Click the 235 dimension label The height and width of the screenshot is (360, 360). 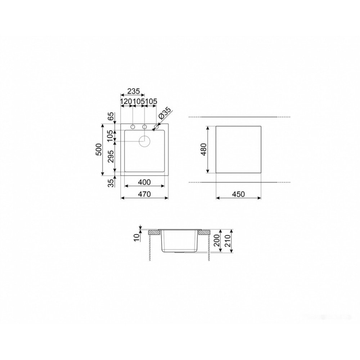pos(134,91)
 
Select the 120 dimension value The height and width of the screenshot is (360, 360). pos(126,101)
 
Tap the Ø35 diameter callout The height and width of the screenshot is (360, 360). pos(165,113)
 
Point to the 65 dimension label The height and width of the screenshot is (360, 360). pos(111,117)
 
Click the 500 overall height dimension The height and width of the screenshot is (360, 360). pos(98,149)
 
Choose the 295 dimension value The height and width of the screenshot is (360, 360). pos(111,157)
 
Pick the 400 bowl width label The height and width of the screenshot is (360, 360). pos(144,182)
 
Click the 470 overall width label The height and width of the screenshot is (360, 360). pos(144,194)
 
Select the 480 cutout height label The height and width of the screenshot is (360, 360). pos(204,149)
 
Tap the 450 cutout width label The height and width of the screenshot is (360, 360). pos(238,194)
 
